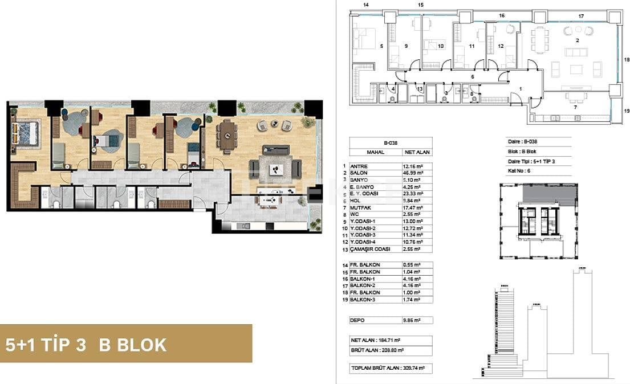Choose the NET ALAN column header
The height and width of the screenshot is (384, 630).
[416, 153]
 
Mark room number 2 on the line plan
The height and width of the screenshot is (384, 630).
[577, 40]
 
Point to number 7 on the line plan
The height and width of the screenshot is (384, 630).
[575, 107]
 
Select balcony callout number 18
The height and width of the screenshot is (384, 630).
[625, 59]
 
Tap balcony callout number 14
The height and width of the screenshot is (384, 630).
[366, 5]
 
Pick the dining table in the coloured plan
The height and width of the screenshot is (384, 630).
[227, 134]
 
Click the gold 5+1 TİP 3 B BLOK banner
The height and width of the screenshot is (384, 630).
[126, 344]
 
